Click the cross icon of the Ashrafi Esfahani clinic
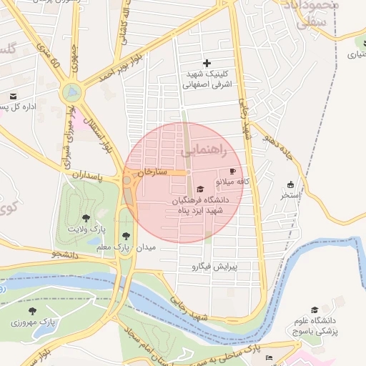tap(207, 64)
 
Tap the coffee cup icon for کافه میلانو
tap(232, 171)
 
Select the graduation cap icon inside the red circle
tap(199, 189)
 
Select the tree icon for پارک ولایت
tap(86, 217)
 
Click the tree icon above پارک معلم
tap(126, 234)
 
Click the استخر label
tap(291, 194)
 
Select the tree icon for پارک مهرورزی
tap(32, 311)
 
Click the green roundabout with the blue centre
tap(71, 91)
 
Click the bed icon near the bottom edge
tap(269, 357)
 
